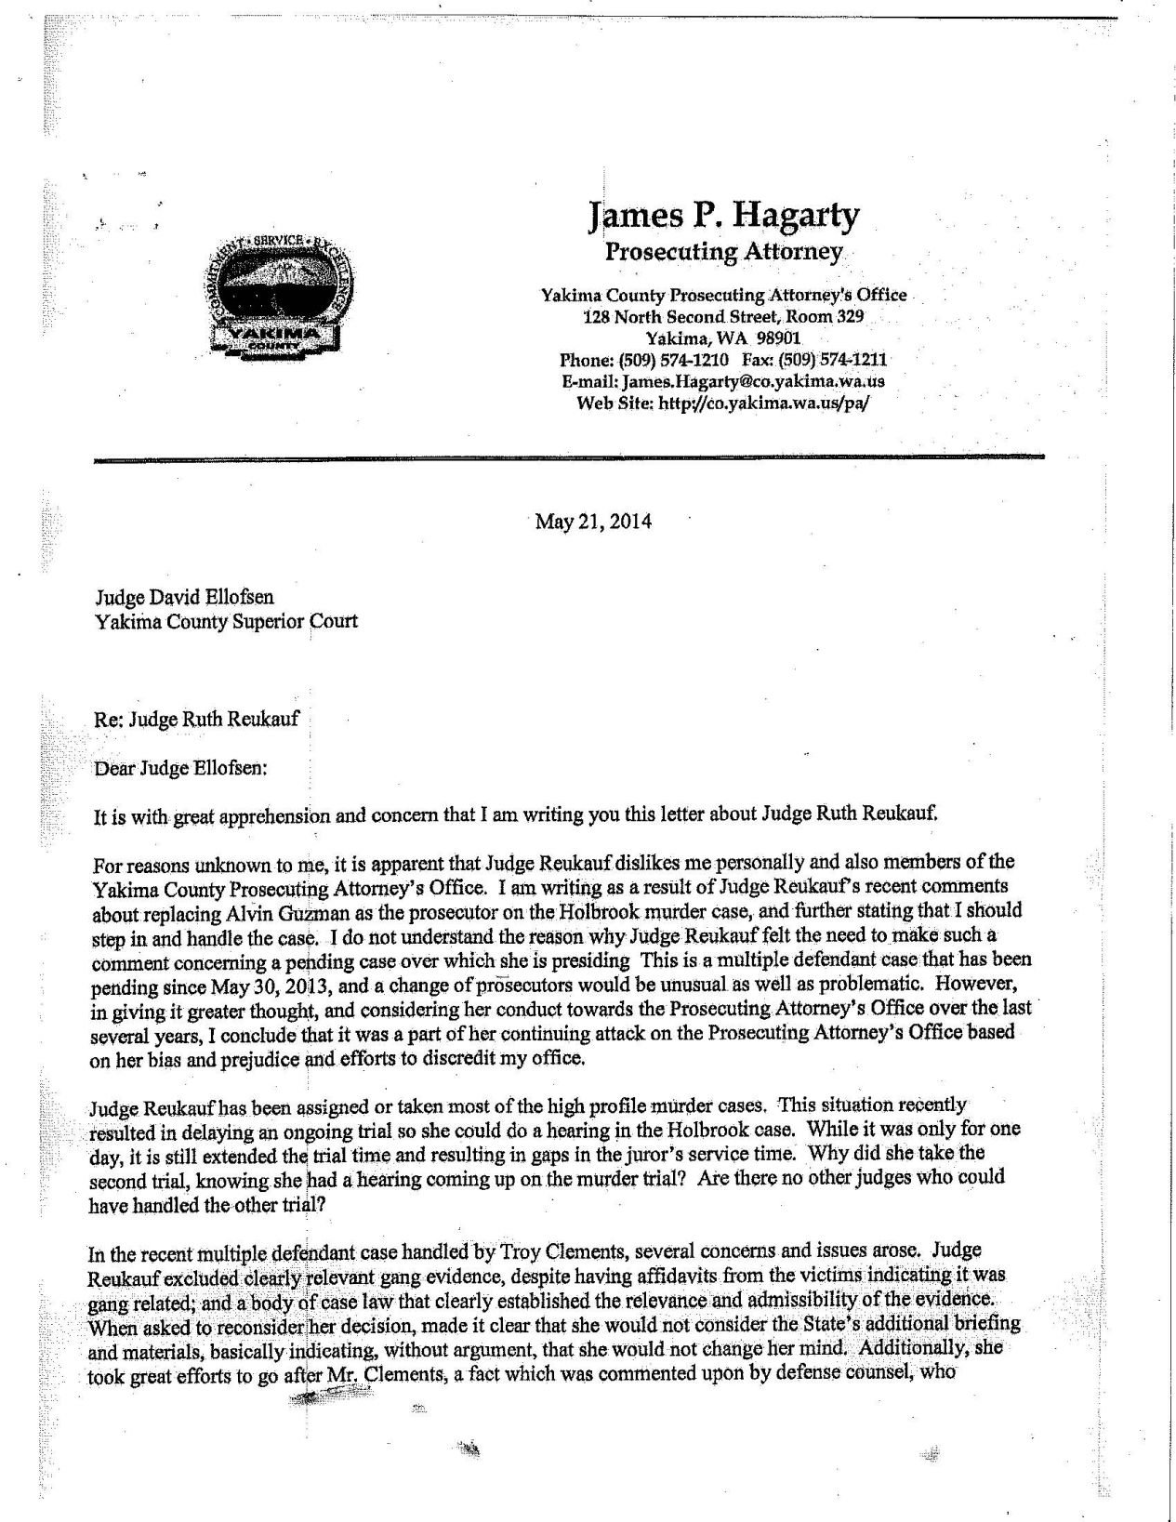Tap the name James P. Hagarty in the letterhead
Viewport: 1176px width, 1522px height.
point(724,216)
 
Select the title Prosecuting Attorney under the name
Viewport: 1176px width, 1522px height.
point(724,252)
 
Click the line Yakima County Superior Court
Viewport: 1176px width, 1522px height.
point(226,620)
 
